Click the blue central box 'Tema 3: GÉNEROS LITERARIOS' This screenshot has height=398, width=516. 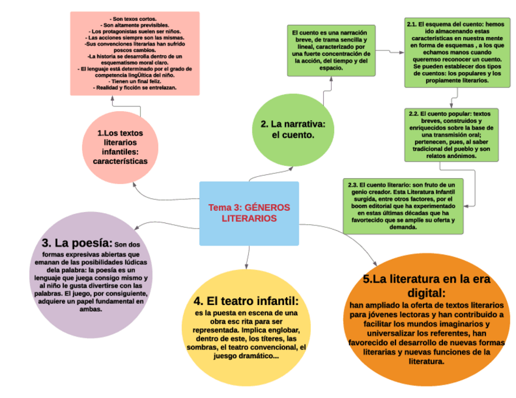pos(249,213)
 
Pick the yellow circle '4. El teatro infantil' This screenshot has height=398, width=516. pos(246,325)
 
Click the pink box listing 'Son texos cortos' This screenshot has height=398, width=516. pos(135,53)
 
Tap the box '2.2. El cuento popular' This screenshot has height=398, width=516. pos(451,135)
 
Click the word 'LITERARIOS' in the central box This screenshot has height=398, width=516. pos(249,218)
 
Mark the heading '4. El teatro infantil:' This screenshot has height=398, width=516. pos(246,301)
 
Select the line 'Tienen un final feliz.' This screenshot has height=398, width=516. pos(135,81)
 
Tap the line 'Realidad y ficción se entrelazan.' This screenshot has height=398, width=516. pos(135,88)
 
